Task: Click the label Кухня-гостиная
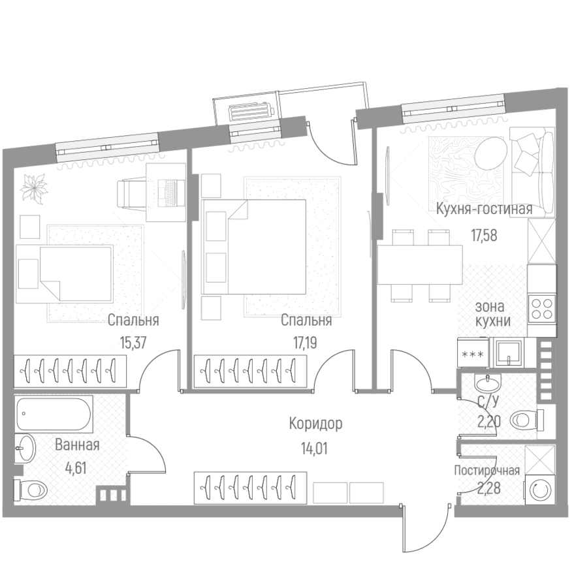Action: click(484, 210)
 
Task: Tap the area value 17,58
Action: click(484, 235)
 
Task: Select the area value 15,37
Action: click(133, 343)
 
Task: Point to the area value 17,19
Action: click(304, 343)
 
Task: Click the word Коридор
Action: click(315, 424)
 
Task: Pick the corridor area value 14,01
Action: click(314, 448)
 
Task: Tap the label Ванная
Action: click(77, 445)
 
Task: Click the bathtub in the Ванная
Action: click(54, 414)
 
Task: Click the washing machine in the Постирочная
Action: click(539, 490)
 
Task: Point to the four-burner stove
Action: click(542, 309)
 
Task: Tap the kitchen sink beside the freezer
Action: click(509, 353)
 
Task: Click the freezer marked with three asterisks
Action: click(473, 353)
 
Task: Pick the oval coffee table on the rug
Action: click(492, 153)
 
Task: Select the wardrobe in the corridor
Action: click(250, 488)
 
